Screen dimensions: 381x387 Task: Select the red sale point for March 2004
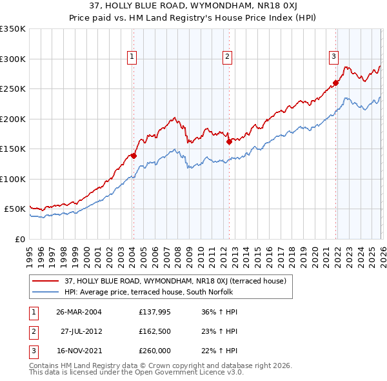click(134, 156)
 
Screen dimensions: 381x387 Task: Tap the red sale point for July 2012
click(229, 142)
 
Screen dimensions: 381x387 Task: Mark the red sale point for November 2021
click(336, 83)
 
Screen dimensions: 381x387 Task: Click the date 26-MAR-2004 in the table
click(79, 312)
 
